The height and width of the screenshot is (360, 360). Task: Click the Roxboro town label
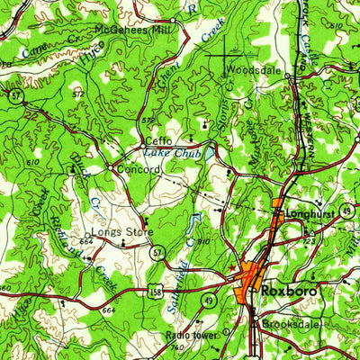285,292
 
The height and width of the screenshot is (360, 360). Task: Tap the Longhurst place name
310,214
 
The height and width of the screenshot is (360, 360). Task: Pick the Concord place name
133,167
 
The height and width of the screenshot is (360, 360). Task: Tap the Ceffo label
158,141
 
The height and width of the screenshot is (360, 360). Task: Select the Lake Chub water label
181,154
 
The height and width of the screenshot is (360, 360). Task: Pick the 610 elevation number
33,162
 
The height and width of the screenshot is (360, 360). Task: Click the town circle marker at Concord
110,168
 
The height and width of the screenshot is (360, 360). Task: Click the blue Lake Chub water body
208,154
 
